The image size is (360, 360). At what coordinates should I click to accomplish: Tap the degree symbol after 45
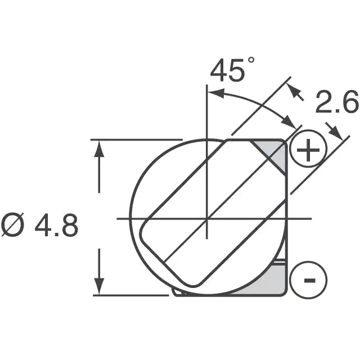251,60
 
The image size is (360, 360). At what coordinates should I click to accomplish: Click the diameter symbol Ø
12,224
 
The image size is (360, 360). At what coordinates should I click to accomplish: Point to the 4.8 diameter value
56,225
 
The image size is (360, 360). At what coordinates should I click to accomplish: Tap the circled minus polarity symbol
308,280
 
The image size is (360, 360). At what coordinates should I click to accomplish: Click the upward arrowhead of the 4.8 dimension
99,148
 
